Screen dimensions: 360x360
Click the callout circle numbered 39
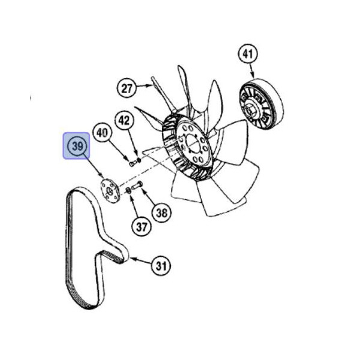[x=77, y=146]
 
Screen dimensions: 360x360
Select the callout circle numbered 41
[x=247, y=54]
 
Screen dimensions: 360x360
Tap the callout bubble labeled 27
[x=127, y=89]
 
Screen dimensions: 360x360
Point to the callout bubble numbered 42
[x=124, y=121]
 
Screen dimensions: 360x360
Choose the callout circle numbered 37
[x=141, y=227]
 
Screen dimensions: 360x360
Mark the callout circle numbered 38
[x=161, y=211]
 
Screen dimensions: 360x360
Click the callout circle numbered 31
[x=160, y=265]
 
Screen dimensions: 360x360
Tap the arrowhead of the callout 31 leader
[x=130, y=259]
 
